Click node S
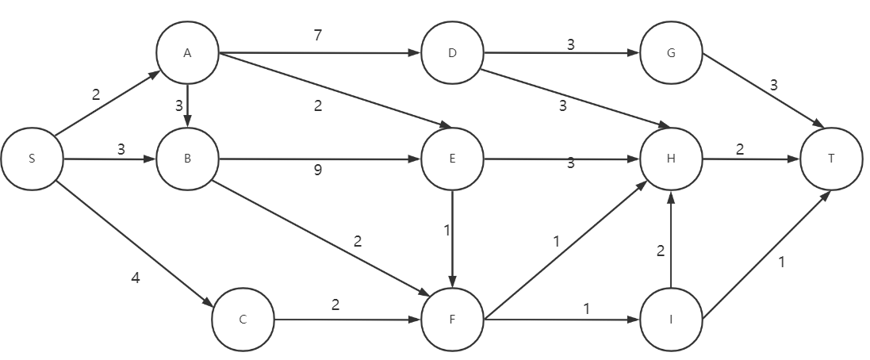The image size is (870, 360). (32, 159)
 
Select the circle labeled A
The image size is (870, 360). (187, 53)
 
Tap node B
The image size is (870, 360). (187, 159)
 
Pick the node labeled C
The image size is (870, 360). (243, 320)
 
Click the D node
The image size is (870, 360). (452, 53)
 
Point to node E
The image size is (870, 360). (452, 159)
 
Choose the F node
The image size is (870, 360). (452, 320)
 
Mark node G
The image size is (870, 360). (671, 53)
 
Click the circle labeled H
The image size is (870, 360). (671, 159)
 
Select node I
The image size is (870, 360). (671, 320)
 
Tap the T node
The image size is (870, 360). (831, 159)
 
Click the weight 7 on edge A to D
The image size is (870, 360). (318, 36)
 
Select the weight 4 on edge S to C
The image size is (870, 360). (136, 278)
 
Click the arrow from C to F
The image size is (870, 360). (347, 320)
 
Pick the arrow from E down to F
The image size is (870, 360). (452, 238)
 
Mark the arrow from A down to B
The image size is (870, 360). (187, 105)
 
